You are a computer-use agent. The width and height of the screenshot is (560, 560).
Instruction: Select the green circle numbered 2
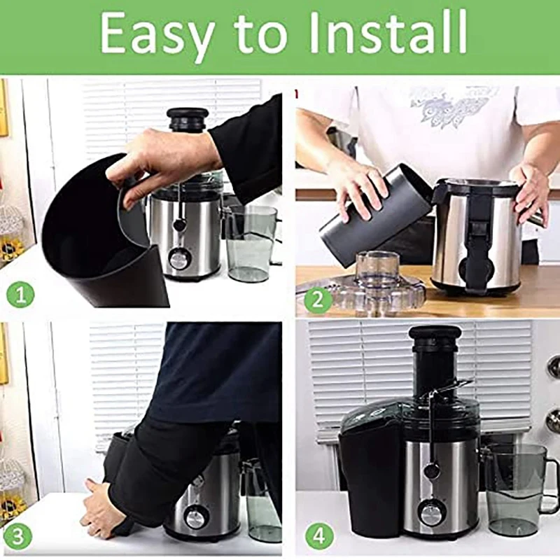coord(318,300)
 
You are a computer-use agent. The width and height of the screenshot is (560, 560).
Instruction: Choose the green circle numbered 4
coord(318,536)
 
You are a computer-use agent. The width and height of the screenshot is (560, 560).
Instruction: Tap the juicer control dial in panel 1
coord(179,260)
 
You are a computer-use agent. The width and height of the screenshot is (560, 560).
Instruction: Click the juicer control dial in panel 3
coord(195,518)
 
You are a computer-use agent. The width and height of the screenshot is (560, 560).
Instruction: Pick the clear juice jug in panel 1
coord(251,241)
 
